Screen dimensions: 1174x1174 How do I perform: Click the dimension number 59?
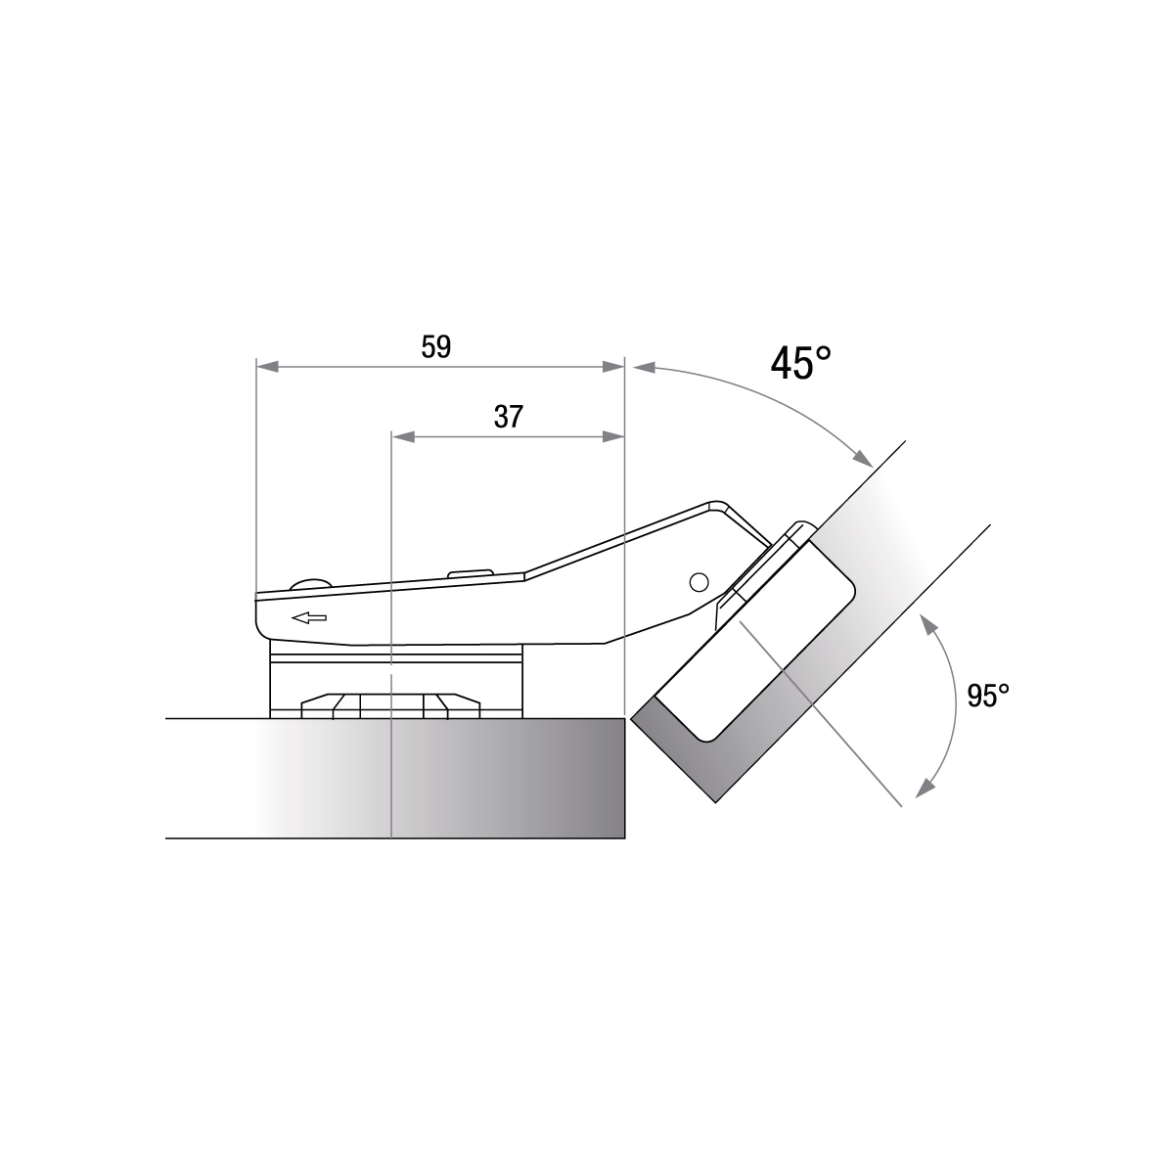point(436,347)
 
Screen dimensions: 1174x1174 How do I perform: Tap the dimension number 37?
point(508,418)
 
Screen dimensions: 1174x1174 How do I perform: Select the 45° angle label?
point(800,363)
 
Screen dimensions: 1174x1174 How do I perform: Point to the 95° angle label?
point(987,696)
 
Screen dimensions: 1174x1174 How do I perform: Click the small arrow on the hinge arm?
point(309,618)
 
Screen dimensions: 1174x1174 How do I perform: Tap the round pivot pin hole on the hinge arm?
point(699,582)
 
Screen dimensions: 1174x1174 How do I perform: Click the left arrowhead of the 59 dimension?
point(267,367)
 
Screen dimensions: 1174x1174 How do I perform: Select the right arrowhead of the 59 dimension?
point(613,367)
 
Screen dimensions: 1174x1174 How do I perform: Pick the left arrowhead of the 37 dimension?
point(403,436)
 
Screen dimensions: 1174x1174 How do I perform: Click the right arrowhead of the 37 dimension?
point(613,436)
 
